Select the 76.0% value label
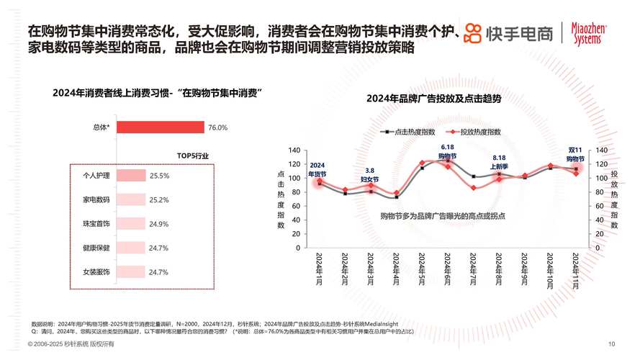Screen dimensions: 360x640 point(217,127)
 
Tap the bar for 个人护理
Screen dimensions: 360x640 point(130,175)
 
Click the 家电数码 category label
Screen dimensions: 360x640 point(96,199)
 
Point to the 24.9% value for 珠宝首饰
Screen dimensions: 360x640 point(158,224)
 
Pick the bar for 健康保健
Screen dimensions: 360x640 point(130,248)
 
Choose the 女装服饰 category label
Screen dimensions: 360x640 point(96,272)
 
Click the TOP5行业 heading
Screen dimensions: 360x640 point(193,156)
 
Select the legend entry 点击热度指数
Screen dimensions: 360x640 point(408,132)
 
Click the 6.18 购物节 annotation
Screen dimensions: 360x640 point(447,151)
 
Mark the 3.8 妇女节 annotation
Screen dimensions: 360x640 point(369,174)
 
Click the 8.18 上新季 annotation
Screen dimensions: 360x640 point(499,161)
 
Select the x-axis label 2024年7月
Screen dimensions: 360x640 point(473,271)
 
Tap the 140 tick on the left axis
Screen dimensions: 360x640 point(294,150)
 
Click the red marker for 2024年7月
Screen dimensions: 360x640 point(473,188)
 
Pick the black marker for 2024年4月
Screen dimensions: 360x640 point(396,197)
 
